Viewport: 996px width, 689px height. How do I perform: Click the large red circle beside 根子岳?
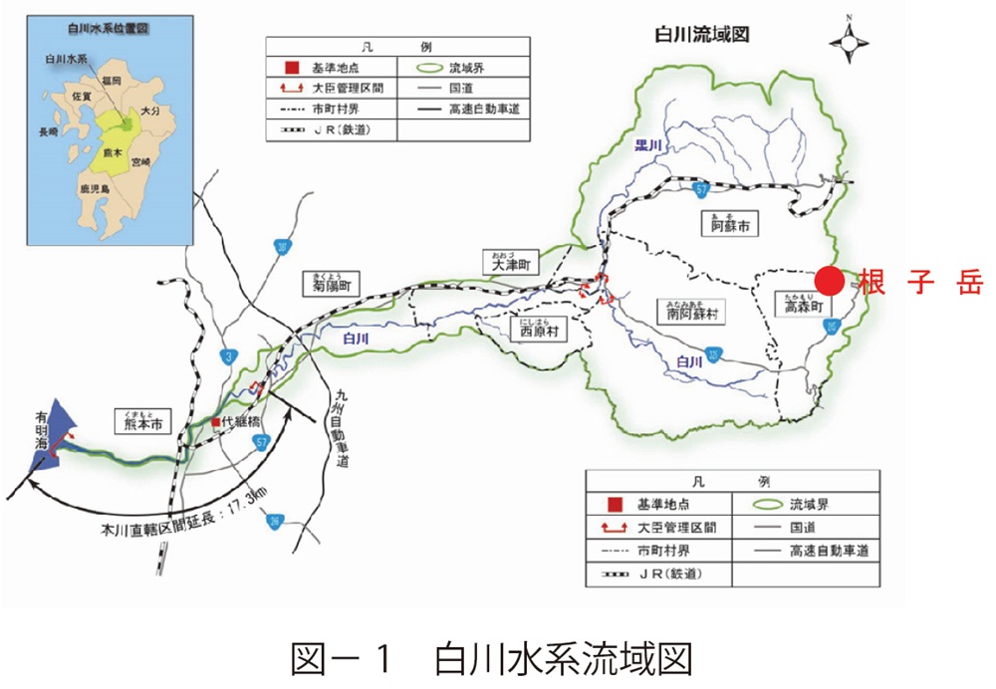point(831,281)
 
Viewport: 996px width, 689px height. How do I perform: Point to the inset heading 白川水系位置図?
point(112,31)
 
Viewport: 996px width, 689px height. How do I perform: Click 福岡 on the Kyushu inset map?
point(109,79)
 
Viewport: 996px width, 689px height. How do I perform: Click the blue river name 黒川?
point(649,145)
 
